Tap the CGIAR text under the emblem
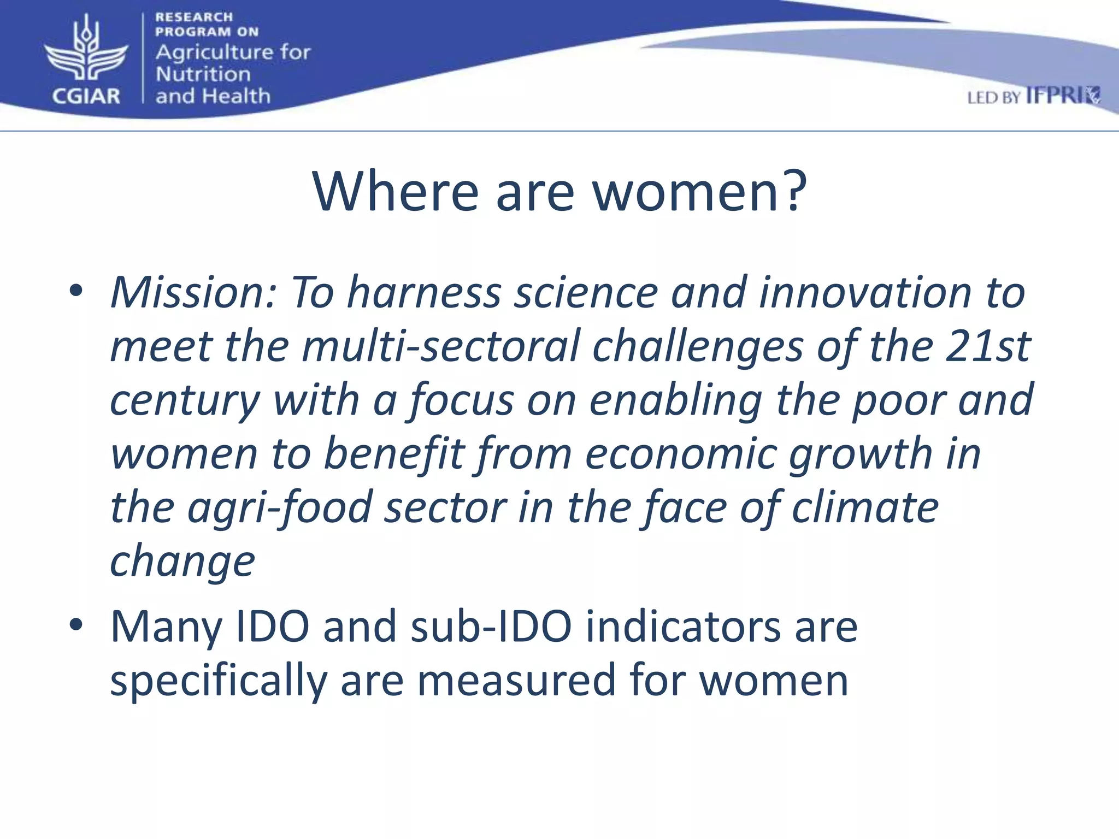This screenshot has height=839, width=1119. click(x=86, y=96)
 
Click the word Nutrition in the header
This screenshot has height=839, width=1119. click(x=203, y=74)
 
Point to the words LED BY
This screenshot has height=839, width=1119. click(x=994, y=98)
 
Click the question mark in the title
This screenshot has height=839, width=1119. click(x=793, y=191)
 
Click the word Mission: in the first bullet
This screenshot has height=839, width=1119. click(x=194, y=293)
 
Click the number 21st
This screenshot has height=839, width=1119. click(x=987, y=346)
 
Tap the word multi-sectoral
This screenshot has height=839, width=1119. click(x=440, y=346)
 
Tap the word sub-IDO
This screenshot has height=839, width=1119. click(x=491, y=627)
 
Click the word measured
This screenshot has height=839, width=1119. click(x=516, y=681)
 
